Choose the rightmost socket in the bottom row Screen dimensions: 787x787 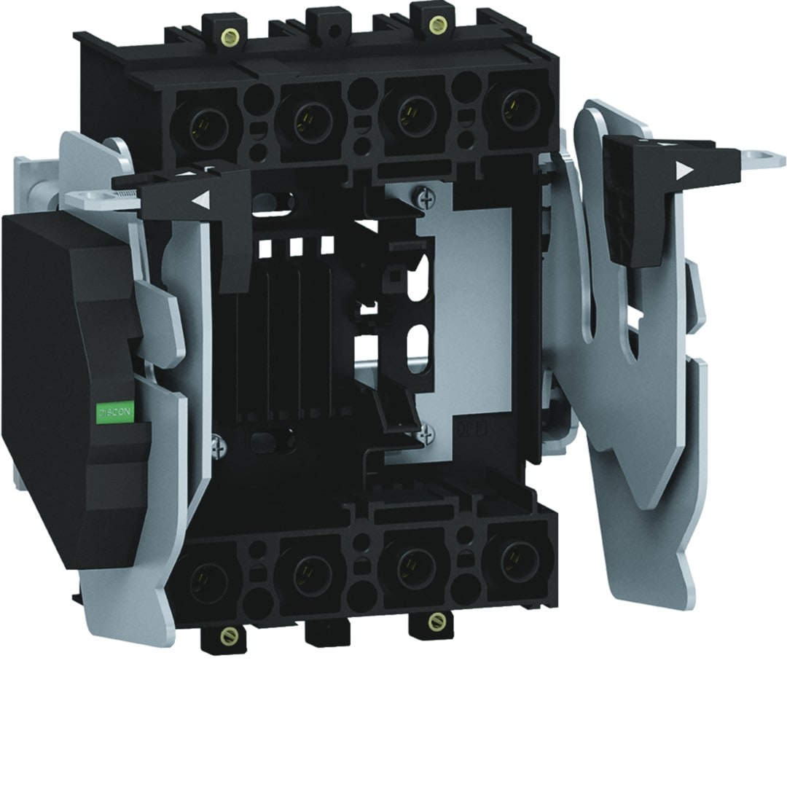(x=519, y=562)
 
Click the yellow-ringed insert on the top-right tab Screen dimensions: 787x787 (x=436, y=26)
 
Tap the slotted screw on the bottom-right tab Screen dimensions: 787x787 (x=436, y=621)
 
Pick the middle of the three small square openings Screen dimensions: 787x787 (x=296, y=246)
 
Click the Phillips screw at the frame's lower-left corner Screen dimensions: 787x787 (x=216, y=446)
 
